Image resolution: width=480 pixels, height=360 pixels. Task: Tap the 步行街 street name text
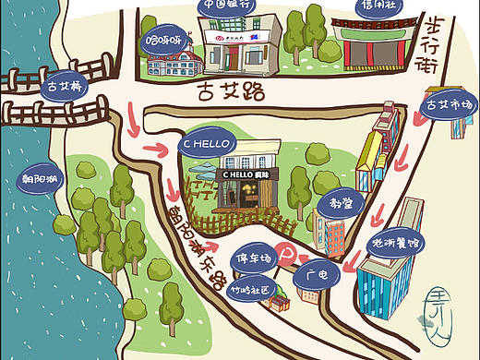(x=455, y=42)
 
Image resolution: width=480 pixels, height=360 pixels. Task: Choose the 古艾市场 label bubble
(x=449, y=106)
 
